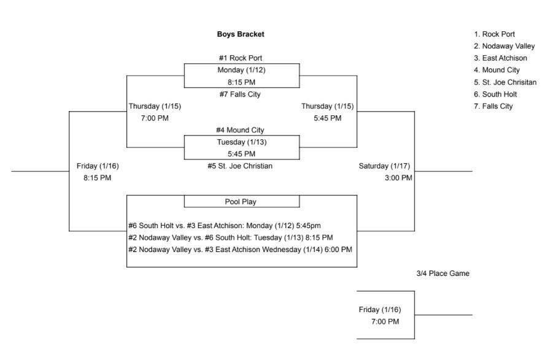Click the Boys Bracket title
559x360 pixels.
(x=241, y=34)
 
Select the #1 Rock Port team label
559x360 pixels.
(x=241, y=58)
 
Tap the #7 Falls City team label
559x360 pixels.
(x=241, y=94)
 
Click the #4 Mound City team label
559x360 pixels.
(x=241, y=130)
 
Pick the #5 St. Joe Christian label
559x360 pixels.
(x=240, y=166)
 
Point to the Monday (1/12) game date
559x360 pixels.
(x=241, y=70)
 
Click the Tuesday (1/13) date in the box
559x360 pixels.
(x=241, y=142)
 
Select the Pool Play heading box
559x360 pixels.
(x=241, y=202)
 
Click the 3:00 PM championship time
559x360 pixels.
(x=398, y=178)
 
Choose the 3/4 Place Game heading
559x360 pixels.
(x=442, y=274)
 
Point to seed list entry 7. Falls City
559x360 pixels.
(x=497, y=106)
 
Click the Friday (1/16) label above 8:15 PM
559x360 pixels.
(x=98, y=166)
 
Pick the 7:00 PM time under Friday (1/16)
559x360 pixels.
(x=385, y=321)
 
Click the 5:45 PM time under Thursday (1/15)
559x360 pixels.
(x=327, y=118)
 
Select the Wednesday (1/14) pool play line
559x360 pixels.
(x=240, y=249)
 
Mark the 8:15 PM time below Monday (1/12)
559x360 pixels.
(x=241, y=82)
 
